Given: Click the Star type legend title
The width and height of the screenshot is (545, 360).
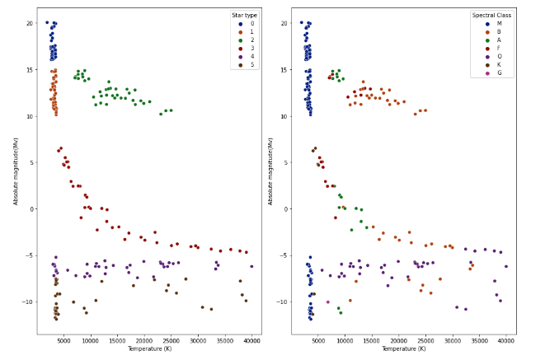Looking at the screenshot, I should click(243, 15).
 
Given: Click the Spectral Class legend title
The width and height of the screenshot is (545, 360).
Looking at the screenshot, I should click(491, 15).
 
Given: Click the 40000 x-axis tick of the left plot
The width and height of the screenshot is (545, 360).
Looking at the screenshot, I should click(251, 340).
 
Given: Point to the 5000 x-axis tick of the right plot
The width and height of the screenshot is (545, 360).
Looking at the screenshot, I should click(317, 340).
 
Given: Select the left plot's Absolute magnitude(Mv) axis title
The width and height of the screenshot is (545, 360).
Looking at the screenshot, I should click(15, 171).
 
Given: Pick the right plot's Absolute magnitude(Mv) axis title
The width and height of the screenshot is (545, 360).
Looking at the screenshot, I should click(270, 171).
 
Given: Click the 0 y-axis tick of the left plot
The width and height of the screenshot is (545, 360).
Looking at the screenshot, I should click(30, 208).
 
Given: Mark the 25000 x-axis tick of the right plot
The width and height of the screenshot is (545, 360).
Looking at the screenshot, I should click(425, 340).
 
